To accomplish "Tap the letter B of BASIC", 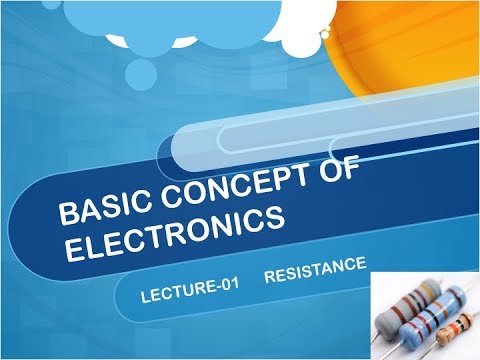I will click(67, 214).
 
